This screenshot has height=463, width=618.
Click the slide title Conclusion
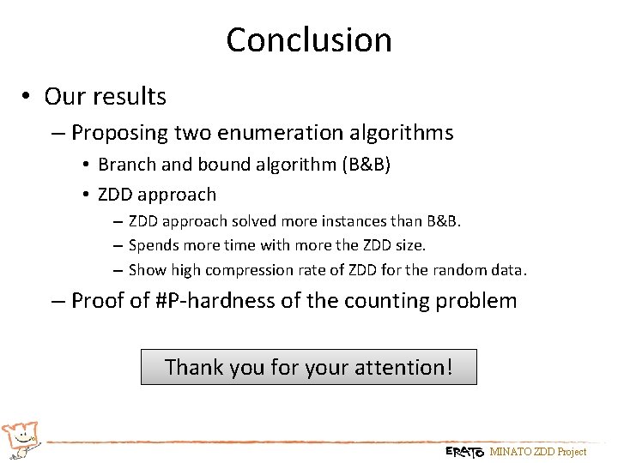(309, 39)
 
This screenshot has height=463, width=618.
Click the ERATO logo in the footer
(464, 452)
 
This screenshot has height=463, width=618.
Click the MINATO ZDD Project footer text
(537, 452)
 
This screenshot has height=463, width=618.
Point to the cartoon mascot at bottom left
(21, 438)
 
